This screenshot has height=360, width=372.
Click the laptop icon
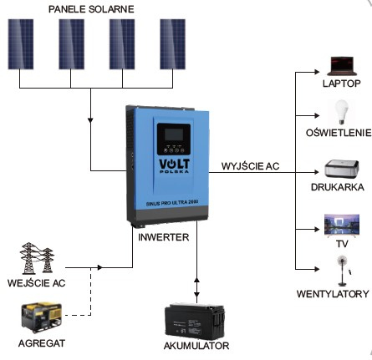coord(342,66)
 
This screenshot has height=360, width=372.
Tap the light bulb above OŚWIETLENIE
coord(342,112)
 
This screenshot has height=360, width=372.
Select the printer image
coord(342,170)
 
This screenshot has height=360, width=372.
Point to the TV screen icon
coord(342,226)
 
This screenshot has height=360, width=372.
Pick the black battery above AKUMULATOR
coord(195,322)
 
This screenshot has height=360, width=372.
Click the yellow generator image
coord(42,317)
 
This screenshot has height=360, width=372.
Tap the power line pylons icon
coord(37,258)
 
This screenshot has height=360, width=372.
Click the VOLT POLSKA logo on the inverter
coord(174,165)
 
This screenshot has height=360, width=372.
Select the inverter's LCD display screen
coord(174,134)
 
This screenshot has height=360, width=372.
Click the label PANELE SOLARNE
coord(91,9)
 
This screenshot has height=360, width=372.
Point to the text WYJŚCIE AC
coord(250,166)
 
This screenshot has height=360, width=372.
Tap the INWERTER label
coord(164,237)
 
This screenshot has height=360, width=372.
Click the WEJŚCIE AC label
coord(36,283)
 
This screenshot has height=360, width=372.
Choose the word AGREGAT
coord(42,343)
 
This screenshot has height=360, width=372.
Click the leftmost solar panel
coord(21,44)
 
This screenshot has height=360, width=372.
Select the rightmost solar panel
coord(172,44)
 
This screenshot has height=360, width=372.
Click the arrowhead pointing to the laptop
coord(317,72)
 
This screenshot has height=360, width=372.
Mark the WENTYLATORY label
coord(333,294)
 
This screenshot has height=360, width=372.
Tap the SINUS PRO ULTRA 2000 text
coord(172,202)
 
